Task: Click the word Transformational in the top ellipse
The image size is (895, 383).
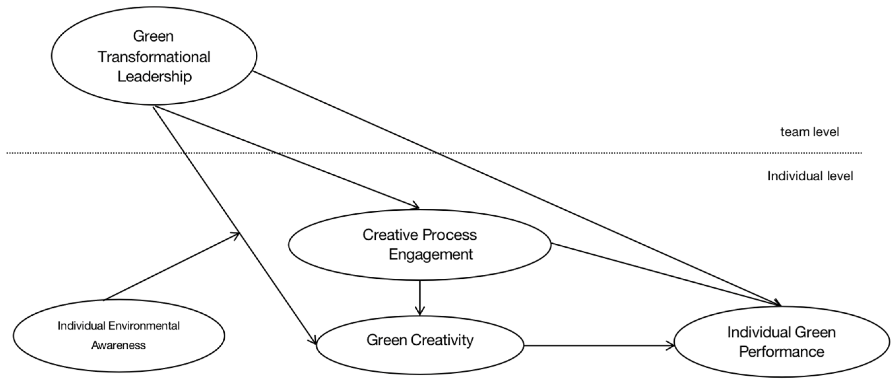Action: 154,57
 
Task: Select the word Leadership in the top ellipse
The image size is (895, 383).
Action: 154,76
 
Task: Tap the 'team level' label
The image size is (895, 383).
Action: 810,132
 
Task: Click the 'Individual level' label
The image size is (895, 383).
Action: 810,176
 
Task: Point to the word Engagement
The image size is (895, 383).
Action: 431,254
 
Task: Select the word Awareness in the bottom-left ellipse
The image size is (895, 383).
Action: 118,345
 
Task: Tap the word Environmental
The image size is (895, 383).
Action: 144,326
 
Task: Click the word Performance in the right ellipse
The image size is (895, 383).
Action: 782,352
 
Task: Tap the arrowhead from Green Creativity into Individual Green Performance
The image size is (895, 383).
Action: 671,346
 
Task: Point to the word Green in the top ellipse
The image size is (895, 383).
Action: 153,36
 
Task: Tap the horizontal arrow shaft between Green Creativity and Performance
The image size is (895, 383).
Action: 597,346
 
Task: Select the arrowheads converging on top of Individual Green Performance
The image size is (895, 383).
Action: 777,304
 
